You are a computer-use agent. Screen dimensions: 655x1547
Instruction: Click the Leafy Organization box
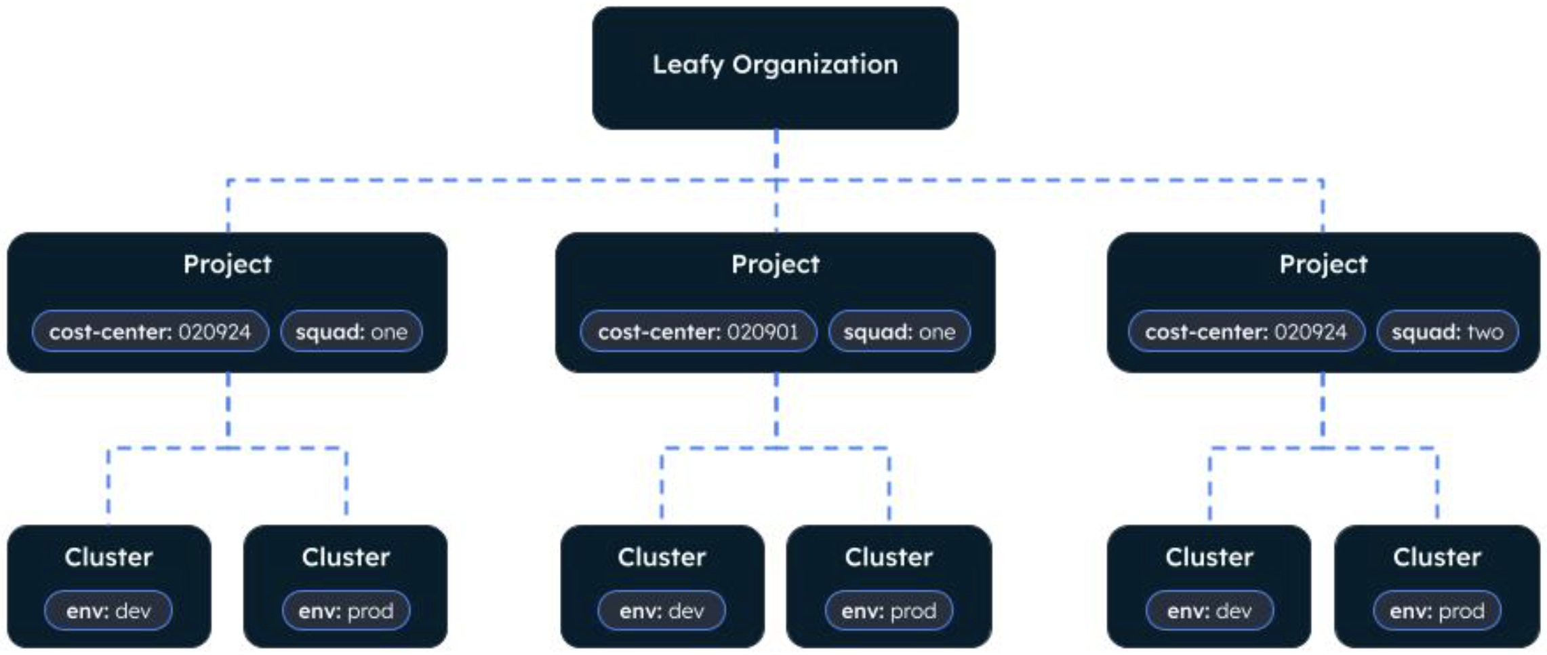[x=775, y=68]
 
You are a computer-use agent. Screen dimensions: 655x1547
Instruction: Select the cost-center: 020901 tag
[x=698, y=332]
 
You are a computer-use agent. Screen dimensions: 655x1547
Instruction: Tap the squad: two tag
[x=1447, y=332]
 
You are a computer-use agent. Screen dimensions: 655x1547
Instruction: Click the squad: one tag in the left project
[x=351, y=332]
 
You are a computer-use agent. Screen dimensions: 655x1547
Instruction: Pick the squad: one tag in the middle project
[x=899, y=332]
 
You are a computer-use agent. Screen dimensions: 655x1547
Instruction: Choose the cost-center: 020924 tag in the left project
[x=150, y=332]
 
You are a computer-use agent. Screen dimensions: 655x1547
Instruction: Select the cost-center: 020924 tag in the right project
[x=1246, y=332]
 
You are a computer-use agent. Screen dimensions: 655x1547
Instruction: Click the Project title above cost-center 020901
[x=775, y=264]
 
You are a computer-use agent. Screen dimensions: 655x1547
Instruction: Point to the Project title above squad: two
[x=1323, y=264]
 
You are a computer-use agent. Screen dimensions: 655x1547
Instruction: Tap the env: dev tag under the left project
[x=108, y=611]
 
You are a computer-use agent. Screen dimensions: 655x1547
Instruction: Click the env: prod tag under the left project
[x=346, y=611]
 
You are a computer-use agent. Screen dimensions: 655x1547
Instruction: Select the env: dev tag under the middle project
[x=662, y=611]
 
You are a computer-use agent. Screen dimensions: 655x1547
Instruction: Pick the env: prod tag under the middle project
[x=889, y=611]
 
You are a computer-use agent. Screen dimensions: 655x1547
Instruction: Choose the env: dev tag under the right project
[x=1209, y=611]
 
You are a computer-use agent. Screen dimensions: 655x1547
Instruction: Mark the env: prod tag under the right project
[x=1436, y=611]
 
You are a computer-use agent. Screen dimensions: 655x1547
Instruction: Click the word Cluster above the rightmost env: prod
[x=1436, y=557]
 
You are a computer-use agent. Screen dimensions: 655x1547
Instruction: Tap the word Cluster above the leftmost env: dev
[x=108, y=557]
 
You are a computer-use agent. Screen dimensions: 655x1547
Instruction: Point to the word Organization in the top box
[x=815, y=65]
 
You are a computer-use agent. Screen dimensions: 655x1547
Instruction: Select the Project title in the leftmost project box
[x=227, y=264]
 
